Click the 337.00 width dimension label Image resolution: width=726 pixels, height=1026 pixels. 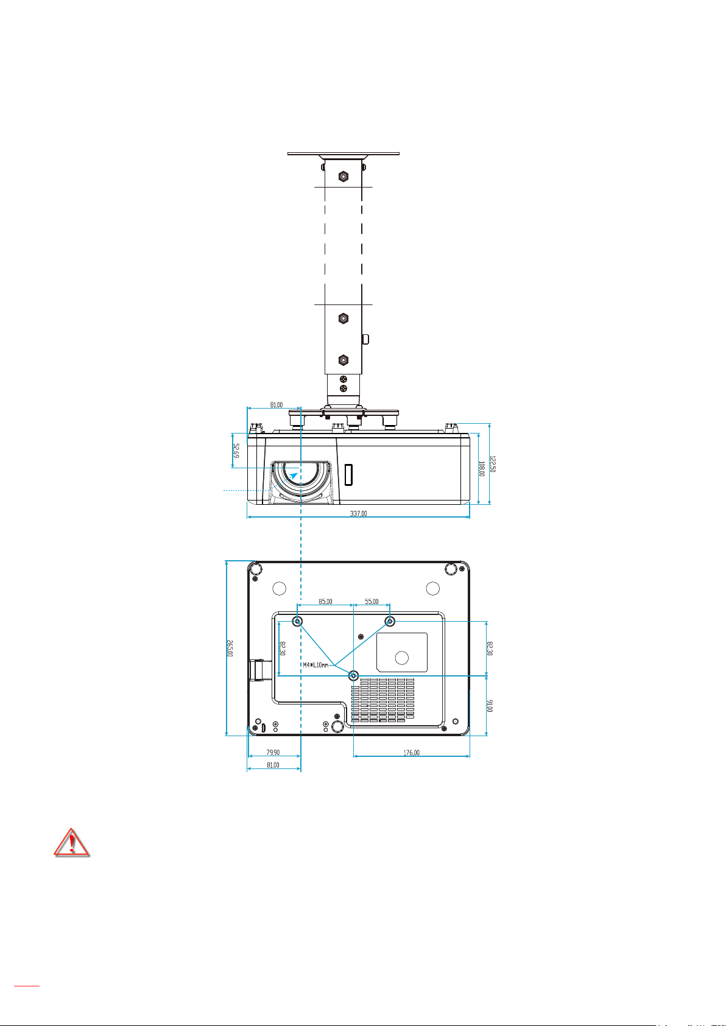coord(358,513)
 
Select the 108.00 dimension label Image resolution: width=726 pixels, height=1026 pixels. coord(481,468)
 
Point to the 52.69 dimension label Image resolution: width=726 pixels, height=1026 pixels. coord(236,451)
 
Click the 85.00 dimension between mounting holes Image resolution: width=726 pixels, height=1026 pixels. coord(325,602)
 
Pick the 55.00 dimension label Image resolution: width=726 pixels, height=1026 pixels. coord(372,602)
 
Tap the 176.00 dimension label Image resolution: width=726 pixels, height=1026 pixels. coord(411,753)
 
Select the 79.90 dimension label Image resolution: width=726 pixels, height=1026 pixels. coord(273,753)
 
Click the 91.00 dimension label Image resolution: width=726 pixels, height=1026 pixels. coord(491,705)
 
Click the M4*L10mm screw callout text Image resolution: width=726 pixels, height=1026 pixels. coord(315,665)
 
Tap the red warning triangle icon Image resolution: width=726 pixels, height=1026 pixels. coord(72,843)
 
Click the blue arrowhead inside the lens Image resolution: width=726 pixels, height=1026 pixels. coord(294,476)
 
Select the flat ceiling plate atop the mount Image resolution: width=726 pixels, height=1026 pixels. coord(344,154)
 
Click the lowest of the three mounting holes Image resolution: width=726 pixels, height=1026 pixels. coord(353,675)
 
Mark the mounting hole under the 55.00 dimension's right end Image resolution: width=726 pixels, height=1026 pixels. coord(390,621)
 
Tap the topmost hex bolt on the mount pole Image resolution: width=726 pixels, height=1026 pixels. coord(343,177)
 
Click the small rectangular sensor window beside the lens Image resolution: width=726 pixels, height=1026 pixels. coord(348,475)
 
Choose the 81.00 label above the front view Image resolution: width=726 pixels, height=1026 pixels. coord(275,404)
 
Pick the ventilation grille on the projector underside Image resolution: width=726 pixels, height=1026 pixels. coord(382,700)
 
